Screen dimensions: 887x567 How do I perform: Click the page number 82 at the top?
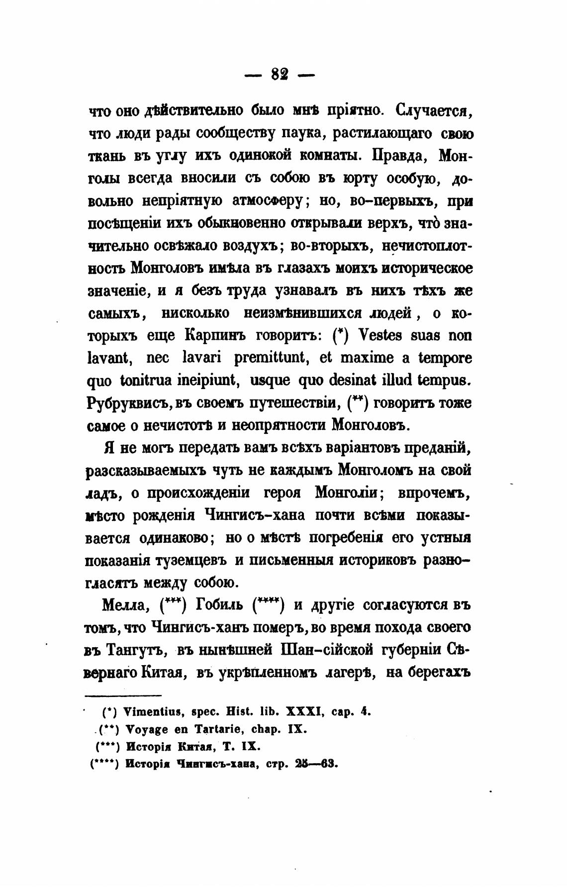coord(280,75)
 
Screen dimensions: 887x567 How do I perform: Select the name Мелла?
coord(123,605)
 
